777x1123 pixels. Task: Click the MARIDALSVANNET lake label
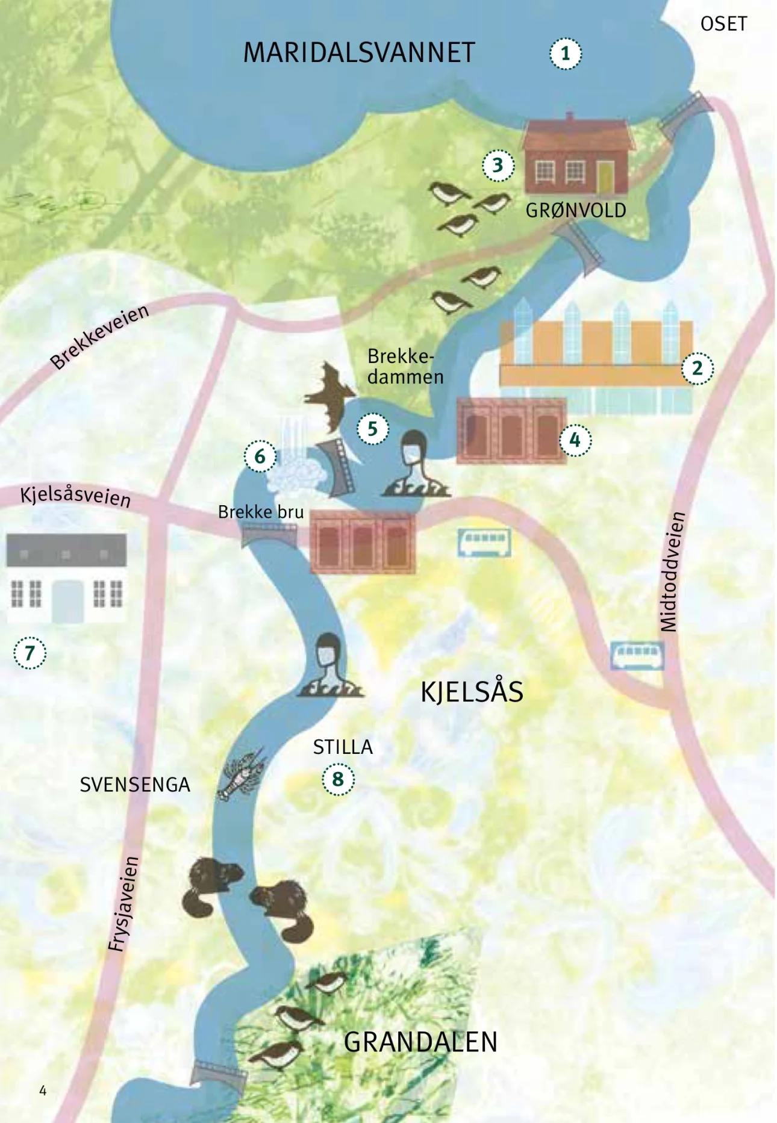359,53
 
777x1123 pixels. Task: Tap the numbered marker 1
565,54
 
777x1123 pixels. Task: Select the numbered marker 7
30,653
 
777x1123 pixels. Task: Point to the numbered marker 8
338,779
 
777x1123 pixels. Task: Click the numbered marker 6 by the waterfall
260,456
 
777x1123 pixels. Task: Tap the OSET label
723,24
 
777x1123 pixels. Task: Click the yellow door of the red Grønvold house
605,176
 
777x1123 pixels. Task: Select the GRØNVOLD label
576,211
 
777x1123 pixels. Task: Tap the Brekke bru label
260,512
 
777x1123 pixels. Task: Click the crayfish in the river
241,775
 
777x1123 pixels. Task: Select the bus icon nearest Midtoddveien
637,656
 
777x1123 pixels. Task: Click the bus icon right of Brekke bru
484,541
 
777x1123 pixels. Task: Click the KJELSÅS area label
472,691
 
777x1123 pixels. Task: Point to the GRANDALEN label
420,1042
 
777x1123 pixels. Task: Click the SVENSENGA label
135,785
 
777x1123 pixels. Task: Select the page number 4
43,1090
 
